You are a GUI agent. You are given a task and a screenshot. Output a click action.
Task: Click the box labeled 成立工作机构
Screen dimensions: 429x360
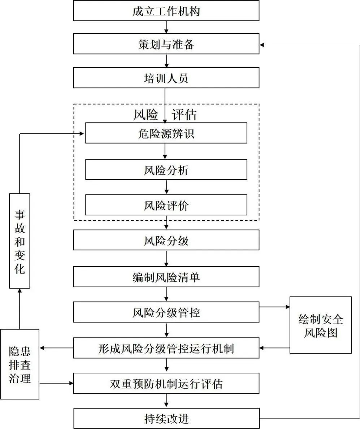[166, 11]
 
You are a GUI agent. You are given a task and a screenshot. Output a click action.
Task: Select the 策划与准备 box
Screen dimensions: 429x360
[166, 44]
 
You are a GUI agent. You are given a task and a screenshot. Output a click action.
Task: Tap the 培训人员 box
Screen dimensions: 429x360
[166, 78]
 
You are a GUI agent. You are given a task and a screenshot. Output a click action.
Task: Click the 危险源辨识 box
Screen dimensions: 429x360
[166, 133]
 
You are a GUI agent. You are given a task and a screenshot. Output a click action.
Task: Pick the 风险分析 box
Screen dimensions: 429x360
[166, 170]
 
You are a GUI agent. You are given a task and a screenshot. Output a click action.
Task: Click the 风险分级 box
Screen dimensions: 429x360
[166, 240]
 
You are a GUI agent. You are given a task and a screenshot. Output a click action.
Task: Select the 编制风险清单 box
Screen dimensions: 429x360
[166, 277]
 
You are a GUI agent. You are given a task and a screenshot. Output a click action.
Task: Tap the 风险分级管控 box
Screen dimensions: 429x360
[166, 312]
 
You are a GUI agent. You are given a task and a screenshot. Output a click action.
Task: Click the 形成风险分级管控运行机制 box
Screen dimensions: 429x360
[166, 348]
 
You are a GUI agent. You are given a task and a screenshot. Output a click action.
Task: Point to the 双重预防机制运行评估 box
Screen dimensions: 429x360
[166, 383]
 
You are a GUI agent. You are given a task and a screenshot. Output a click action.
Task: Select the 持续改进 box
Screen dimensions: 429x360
[166, 419]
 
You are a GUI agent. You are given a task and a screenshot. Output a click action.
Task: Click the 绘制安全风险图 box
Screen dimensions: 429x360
[321, 325]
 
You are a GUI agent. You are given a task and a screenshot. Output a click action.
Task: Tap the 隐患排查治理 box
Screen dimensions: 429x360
[19, 364]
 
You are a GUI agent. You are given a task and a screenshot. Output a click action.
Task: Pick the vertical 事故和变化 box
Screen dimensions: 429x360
[19, 241]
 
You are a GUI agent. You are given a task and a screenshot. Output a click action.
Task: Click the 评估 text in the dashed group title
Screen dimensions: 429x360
[184, 114]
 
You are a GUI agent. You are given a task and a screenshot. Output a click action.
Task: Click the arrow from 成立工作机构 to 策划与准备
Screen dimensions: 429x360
[166, 27]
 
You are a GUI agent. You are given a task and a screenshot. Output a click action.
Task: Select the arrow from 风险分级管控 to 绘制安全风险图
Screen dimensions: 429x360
[275, 307]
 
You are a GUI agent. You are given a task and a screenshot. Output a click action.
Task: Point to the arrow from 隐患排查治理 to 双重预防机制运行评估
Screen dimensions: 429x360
[56, 383]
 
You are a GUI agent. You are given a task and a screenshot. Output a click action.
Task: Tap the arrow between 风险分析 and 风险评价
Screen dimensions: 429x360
[166, 187]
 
